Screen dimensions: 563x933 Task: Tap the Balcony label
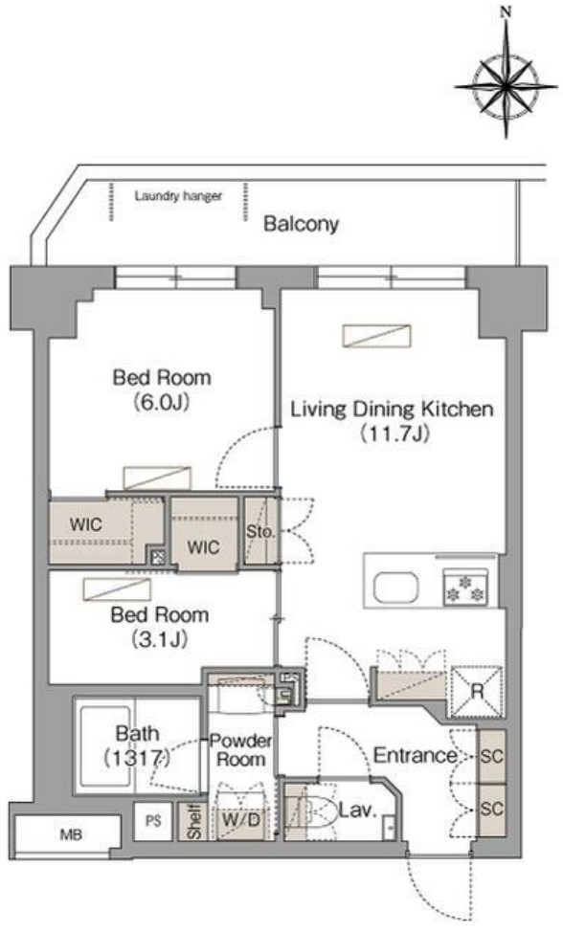302,224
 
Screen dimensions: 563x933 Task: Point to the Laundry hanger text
178,196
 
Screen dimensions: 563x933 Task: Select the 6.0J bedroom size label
162,403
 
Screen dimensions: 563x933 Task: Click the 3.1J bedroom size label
159,639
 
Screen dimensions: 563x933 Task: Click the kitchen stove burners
465,588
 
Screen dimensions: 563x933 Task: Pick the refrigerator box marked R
477,691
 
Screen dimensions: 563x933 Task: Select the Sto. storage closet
260,531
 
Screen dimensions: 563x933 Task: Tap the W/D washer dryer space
240,820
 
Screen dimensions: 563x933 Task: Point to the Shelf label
194,822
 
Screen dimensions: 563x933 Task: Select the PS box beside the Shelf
153,822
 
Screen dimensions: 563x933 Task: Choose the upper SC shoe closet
492,756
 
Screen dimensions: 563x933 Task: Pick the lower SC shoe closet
492,810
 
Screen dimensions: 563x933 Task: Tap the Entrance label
415,755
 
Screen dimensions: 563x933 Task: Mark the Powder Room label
241,750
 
